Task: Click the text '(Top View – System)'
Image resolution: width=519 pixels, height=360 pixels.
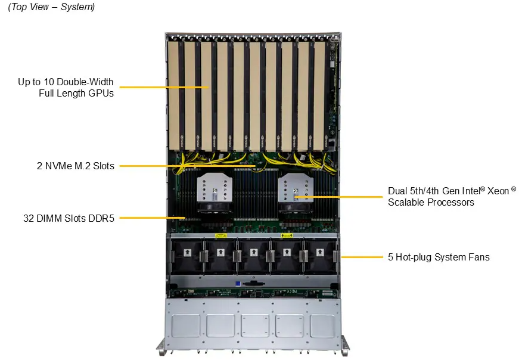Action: (x=51, y=7)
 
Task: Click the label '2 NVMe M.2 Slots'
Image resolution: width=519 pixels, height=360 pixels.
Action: (x=75, y=166)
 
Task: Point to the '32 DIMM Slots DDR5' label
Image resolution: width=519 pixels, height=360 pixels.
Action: (x=67, y=218)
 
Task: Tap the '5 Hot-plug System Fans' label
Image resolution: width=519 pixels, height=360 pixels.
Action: (x=439, y=257)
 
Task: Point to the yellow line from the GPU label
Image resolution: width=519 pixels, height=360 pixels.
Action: (x=161, y=87)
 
